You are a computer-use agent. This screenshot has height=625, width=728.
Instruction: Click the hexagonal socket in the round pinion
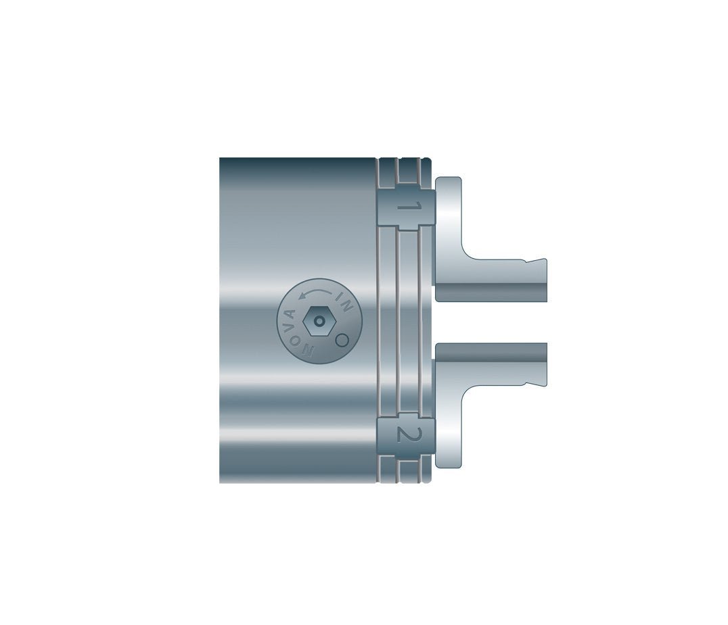pyautogui.click(x=319, y=322)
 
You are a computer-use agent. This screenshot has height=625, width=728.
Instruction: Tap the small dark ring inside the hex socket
pyautogui.click(x=319, y=322)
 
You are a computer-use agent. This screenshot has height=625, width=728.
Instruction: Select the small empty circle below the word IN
pyautogui.click(x=342, y=340)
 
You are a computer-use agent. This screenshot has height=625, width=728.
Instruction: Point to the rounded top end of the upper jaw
pyautogui.click(x=449, y=181)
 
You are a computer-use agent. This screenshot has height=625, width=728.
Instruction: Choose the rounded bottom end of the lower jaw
pyautogui.click(x=449, y=464)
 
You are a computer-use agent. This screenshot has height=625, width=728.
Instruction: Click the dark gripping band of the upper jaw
pyautogui.click(x=491, y=292)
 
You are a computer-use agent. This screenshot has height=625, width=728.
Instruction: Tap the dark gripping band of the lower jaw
pyautogui.click(x=491, y=352)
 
